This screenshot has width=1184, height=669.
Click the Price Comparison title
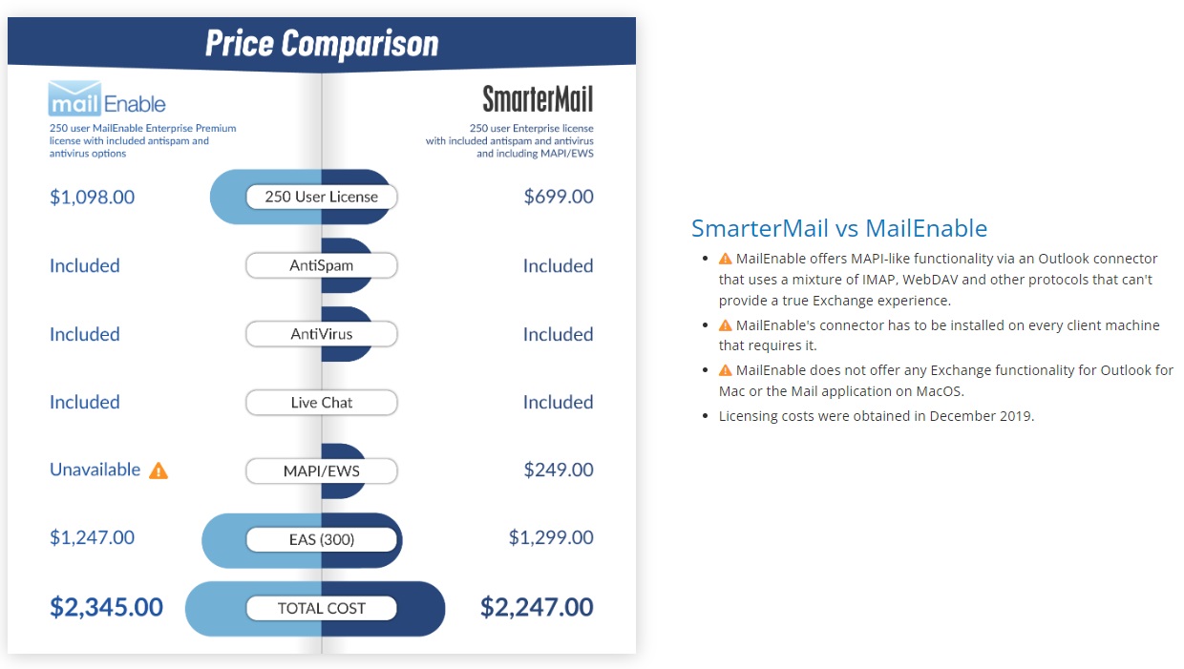pos(322,43)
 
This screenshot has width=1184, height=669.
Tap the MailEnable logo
pos(107,99)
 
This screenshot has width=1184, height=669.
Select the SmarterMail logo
pos(538,99)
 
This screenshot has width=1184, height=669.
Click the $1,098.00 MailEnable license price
pos(92,198)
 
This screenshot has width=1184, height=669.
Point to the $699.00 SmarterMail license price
pos(559,197)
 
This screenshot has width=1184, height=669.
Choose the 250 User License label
pos(322,197)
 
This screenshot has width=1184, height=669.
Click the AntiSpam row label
pos(322,265)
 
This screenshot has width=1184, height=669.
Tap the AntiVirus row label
pos(322,334)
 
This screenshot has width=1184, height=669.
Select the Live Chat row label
pos(322,403)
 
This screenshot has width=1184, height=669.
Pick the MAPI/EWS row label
pos(322,470)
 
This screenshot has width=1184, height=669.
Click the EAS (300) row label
pos(322,539)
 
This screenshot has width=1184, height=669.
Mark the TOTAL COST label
pos(322,608)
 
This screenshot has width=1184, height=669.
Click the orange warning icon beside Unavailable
pos(159,470)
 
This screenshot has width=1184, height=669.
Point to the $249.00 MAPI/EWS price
pos(559,470)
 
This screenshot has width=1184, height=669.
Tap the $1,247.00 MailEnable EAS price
pos(92,537)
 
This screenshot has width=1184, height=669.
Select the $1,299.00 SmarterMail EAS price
pos(551,537)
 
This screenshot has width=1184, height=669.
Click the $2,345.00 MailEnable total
pos(106,607)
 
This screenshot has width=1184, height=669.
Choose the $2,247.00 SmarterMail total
pos(537,607)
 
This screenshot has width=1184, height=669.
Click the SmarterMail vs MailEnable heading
pos(839,228)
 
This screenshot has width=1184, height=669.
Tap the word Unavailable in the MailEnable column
pos(95,470)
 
